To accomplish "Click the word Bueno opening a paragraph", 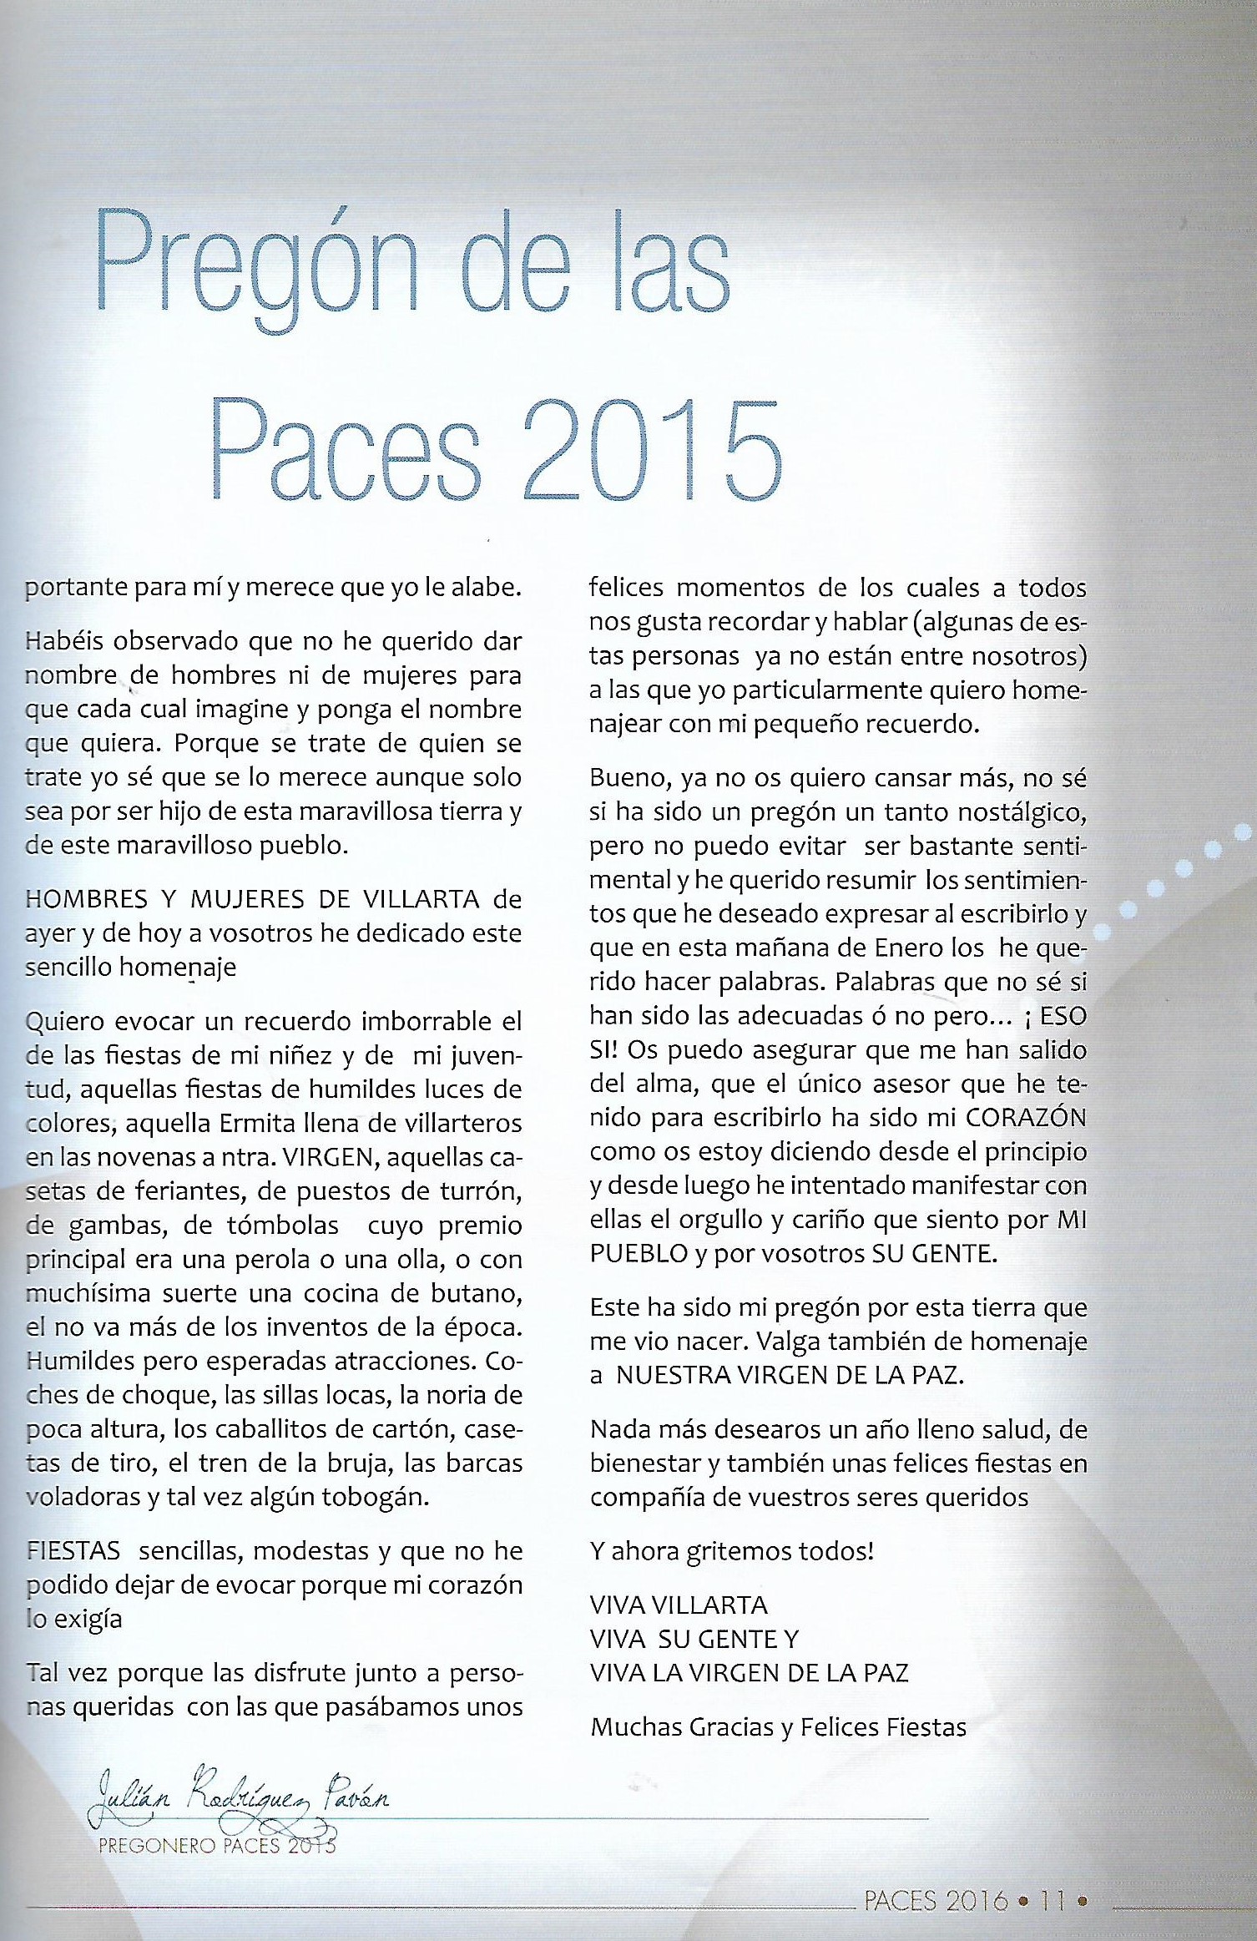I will [x=626, y=778].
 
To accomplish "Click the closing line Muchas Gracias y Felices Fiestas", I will [x=778, y=1726].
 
